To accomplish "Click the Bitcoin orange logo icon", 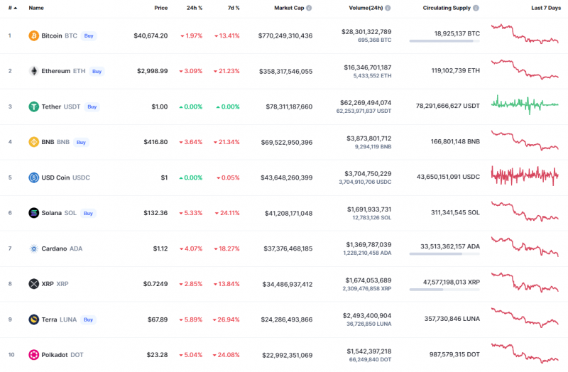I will [33, 35].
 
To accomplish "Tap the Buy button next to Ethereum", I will [97, 71].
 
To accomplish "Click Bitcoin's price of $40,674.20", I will [151, 35].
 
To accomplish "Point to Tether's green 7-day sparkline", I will [524, 104].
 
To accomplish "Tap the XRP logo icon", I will [33, 284].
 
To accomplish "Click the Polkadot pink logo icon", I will [33, 355].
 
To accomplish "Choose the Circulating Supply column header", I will [447, 8].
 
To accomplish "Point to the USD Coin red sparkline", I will [524, 175].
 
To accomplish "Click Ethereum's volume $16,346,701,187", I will [366, 67].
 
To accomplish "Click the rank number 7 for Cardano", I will [10, 248].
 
